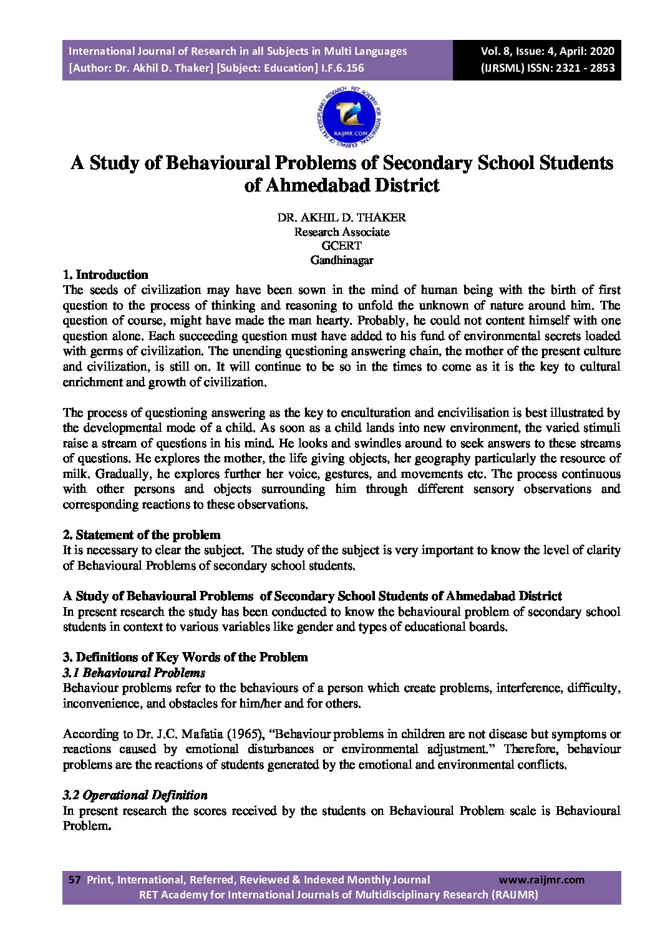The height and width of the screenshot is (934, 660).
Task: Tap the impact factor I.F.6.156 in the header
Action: (342, 68)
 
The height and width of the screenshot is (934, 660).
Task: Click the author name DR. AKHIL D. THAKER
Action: (341, 218)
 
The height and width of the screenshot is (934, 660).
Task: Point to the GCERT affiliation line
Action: (341, 246)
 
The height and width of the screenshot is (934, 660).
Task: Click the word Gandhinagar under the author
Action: (341, 260)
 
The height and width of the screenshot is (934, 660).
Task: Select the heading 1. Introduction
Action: (105, 275)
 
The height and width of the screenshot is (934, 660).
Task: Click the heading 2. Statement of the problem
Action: (142, 535)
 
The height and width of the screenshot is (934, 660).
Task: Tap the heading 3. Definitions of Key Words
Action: (185, 657)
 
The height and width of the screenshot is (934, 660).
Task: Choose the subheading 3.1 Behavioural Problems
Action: (134, 673)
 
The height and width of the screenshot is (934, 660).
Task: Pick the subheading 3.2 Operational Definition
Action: (135, 795)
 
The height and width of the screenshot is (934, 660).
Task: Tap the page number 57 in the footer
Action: (75, 880)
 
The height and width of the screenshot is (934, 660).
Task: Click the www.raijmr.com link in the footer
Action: (541, 880)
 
